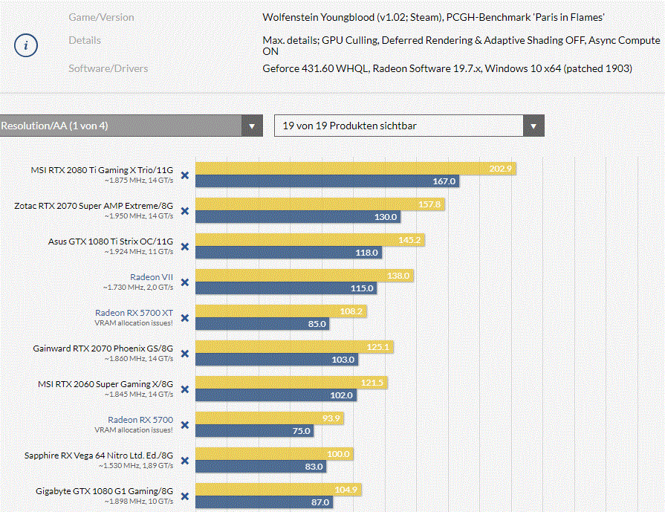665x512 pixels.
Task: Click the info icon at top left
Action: pos(26,45)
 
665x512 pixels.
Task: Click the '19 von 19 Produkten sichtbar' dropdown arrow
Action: pos(533,126)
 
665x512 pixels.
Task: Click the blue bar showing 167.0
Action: pos(327,181)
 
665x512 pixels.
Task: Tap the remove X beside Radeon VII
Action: pos(185,282)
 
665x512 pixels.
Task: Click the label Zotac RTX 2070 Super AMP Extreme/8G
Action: pos(94,205)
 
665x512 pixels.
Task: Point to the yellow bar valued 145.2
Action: pos(310,240)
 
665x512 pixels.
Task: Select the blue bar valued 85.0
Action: pos(265,324)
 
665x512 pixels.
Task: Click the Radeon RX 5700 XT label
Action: pos(134,313)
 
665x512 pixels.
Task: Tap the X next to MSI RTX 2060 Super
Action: pos(185,389)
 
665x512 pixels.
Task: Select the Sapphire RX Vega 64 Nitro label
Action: pos(99,455)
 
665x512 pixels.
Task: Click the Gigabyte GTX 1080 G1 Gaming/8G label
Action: pos(104,490)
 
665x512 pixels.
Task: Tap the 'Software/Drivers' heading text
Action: pos(108,68)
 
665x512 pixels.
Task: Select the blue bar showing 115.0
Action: pos(286,288)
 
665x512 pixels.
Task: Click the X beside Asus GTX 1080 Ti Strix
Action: pos(185,247)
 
